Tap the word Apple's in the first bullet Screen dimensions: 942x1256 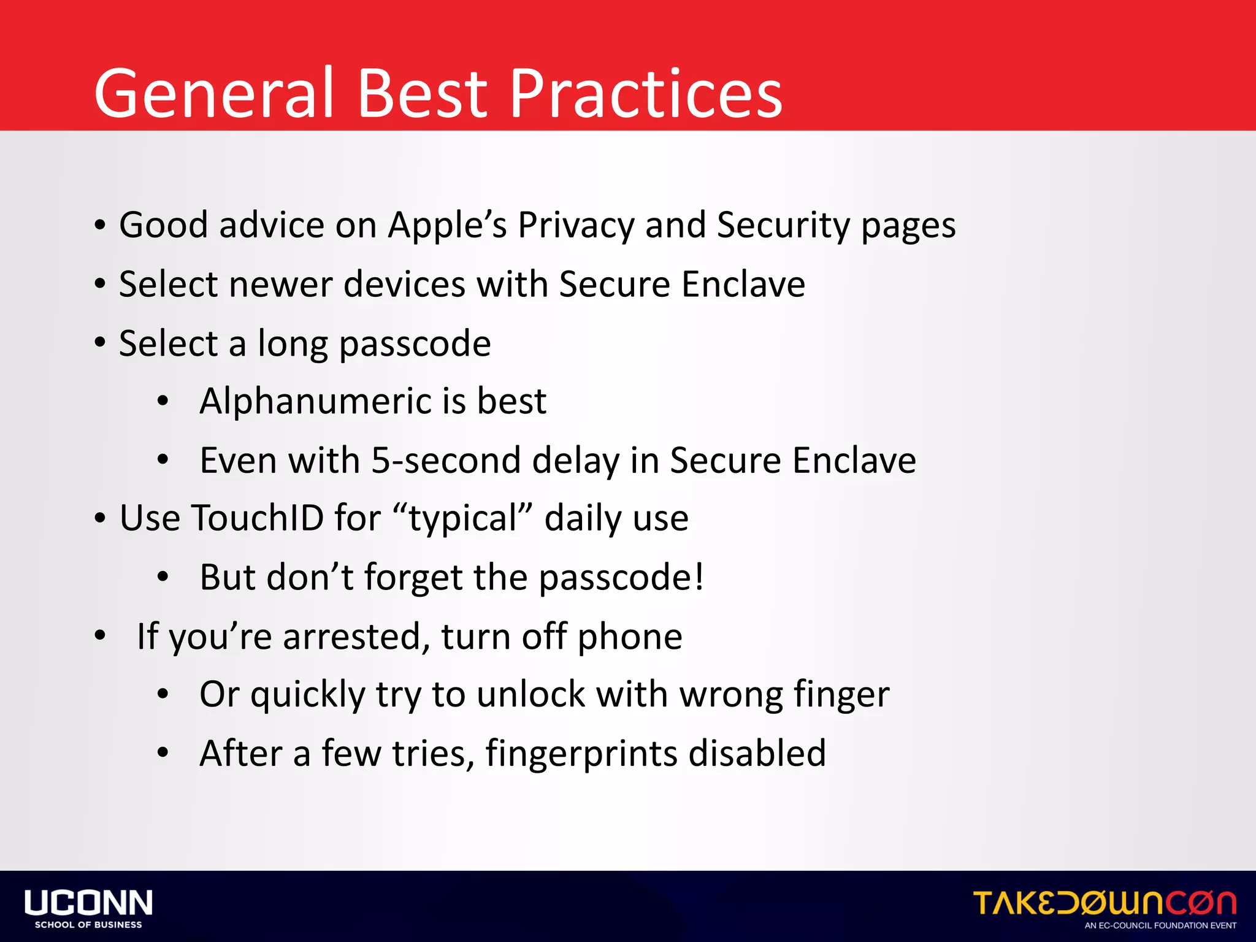pyautogui.click(x=447, y=225)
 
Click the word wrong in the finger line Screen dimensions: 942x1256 pyautogui.click(x=731, y=695)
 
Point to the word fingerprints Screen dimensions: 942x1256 pyautogui.click(x=581, y=754)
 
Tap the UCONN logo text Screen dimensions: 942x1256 pyautogui.click(x=88, y=902)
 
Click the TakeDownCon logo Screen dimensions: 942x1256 pyautogui.click(x=1104, y=903)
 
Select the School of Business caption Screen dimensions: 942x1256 pyautogui.click(x=88, y=925)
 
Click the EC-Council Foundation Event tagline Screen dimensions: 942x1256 pyautogui.click(x=1160, y=925)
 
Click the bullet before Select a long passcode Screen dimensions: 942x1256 pyautogui.click(x=100, y=343)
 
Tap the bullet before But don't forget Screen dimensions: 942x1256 pyautogui.click(x=163, y=577)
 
